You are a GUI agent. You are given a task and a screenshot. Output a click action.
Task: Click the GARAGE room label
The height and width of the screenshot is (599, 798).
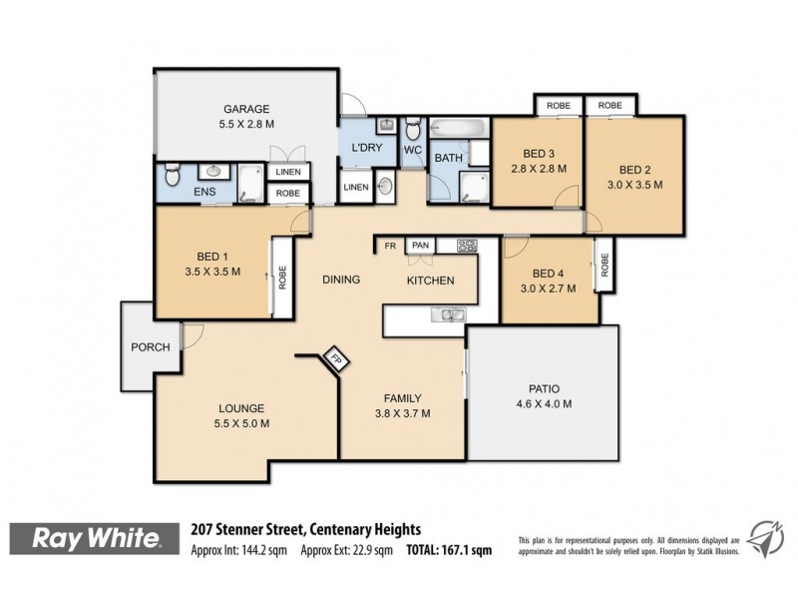[246, 110]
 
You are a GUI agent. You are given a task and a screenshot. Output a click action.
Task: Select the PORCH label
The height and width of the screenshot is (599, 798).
[150, 346]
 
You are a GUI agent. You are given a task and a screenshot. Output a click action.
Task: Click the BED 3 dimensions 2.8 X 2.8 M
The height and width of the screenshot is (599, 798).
[539, 169]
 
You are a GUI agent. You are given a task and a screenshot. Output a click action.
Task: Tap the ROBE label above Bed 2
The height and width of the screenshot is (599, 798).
[610, 105]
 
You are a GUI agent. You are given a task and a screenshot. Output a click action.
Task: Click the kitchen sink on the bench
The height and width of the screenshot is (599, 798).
[447, 315]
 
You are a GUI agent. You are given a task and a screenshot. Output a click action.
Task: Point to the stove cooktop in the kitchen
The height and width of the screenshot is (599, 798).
[467, 245]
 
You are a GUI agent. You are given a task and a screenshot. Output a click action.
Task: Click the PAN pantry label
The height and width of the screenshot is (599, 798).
[421, 245]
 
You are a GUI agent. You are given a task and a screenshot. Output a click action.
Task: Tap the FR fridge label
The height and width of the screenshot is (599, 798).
[391, 245]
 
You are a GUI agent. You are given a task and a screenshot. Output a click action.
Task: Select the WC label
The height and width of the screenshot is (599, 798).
[412, 151]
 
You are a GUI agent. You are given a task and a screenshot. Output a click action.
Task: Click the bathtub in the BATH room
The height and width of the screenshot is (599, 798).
[460, 128]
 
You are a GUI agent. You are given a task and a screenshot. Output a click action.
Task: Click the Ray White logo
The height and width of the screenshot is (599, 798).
[97, 540]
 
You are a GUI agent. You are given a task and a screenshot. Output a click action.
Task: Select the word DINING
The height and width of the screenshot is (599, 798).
[340, 281]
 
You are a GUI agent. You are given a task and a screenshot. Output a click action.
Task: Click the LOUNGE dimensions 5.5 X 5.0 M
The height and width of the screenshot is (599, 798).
[243, 423]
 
